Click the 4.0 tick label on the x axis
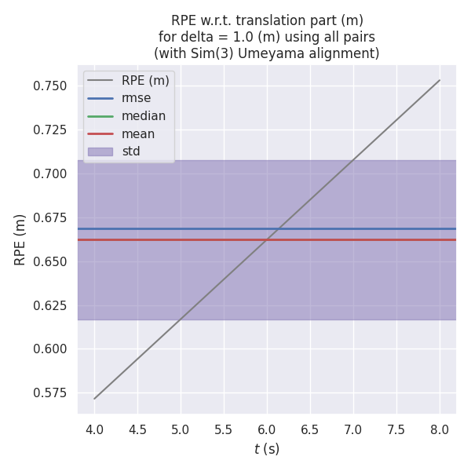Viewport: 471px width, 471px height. (x=94, y=429)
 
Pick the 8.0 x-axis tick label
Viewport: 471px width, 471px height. (x=440, y=429)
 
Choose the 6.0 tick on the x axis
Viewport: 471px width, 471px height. (x=267, y=429)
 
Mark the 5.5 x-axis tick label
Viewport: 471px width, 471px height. (x=224, y=429)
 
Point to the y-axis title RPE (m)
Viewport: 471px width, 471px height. (x=20, y=239)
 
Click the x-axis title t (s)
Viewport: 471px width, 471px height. (x=267, y=449)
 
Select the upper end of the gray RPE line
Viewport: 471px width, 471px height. (x=440, y=80)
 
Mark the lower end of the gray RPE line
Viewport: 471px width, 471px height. (x=94, y=399)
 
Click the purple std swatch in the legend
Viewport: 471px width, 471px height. (x=100, y=152)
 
